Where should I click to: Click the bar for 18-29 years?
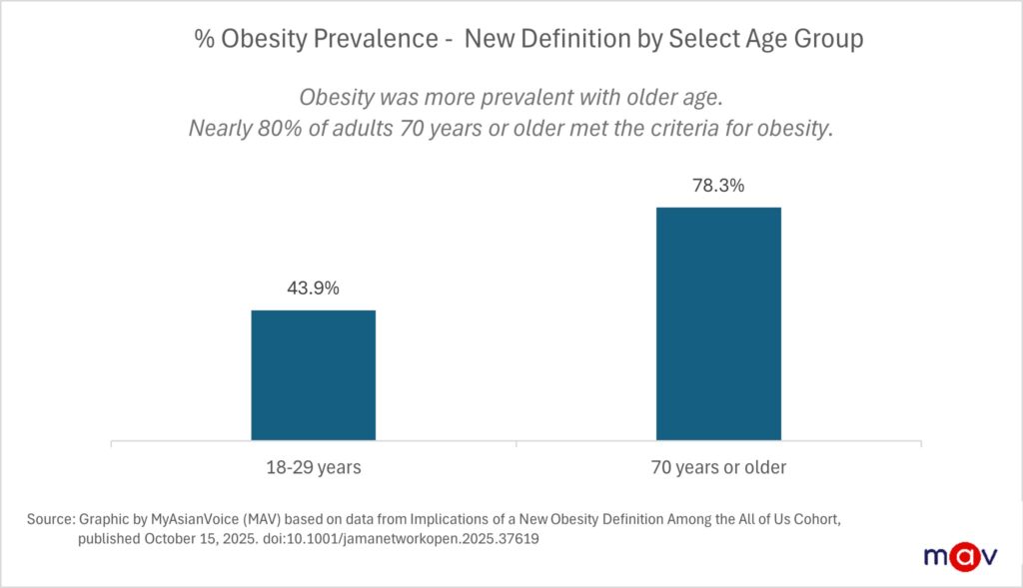pos(313,374)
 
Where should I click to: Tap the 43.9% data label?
pos(313,289)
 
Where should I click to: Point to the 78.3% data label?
pos(717,186)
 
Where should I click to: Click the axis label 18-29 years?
pos(313,466)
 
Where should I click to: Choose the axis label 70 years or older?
pos(717,466)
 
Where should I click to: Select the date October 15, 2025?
pos(196,539)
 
